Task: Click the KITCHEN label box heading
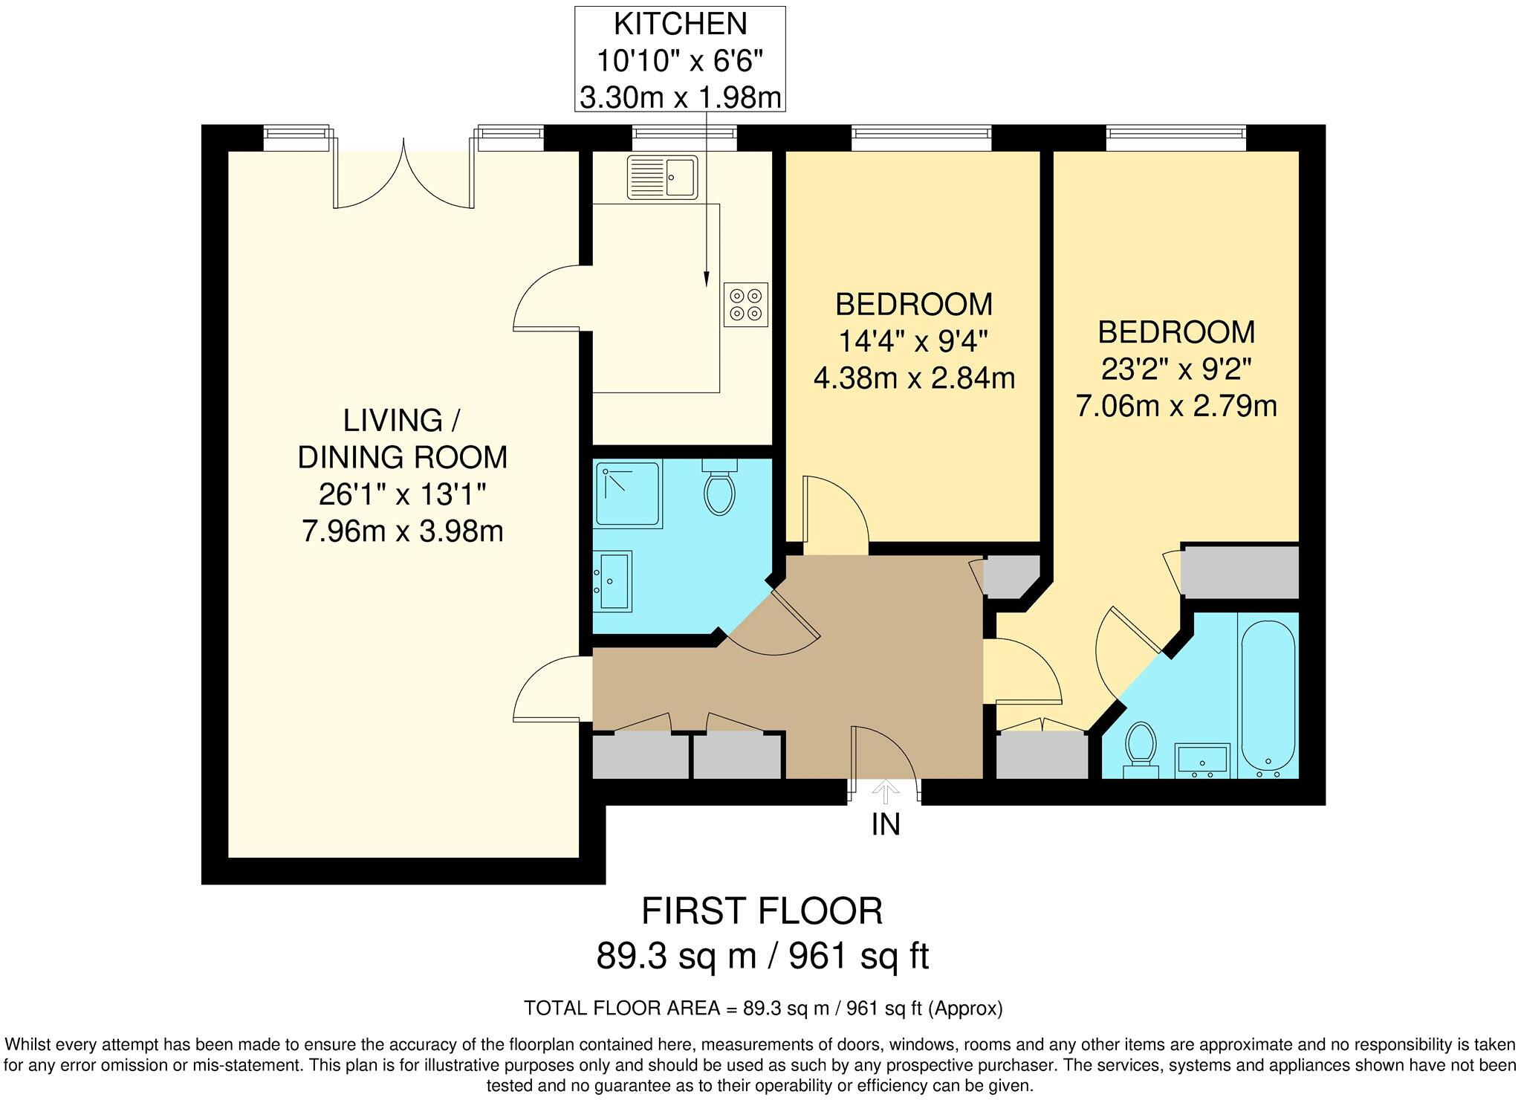[x=680, y=25]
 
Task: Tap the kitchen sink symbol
[x=663, y=177]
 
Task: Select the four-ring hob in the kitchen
[x=745, y=305]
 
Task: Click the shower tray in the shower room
[x=628, y=495]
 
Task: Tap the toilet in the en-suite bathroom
[x=1141, y=747]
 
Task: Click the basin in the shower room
[x=613, y=581]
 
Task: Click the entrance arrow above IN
[x=884, y=792]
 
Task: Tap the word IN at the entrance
[x=886, y=825]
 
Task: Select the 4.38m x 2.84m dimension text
[x=914, y=378]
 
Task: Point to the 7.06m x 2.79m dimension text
[x=1176, y=406]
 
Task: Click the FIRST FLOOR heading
[x=762, y=911]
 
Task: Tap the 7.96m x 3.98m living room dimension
[x=402, y=531]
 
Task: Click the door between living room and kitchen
[x=546, y=297]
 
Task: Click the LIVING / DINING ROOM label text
[x=402, y=439]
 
